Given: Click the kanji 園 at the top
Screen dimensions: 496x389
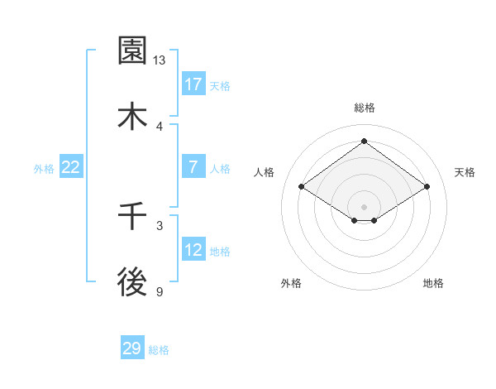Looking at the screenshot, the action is pos(133,51).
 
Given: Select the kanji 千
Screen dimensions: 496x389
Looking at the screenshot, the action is pos(133,217).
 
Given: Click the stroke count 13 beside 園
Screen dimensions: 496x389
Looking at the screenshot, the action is pos(160,60).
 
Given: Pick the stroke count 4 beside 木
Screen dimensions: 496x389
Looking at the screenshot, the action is pos(160,126).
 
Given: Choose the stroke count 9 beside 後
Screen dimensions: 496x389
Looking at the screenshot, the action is pos(160,291).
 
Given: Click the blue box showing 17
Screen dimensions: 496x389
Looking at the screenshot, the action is pos(193,84).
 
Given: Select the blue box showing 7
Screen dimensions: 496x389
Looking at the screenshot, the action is pos(193,167).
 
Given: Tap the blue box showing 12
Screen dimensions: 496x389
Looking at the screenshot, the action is pos(193,250).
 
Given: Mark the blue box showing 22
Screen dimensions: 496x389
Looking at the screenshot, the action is pos(71,167).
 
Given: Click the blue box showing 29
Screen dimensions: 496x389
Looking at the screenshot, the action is pos(132,348).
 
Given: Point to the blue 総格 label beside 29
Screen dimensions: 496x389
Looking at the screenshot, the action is pos(159,350).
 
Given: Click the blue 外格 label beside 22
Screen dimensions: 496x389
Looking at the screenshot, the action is pos(44,168).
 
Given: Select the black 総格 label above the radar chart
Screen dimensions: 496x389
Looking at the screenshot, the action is pos(365,108).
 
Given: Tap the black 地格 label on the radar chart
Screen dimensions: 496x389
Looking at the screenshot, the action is pos(433,283).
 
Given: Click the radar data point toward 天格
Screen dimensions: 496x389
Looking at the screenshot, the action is pos(427,187).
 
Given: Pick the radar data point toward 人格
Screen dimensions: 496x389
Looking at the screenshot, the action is pos(302,187).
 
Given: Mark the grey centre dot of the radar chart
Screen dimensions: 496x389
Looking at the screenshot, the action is pos(365,206).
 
